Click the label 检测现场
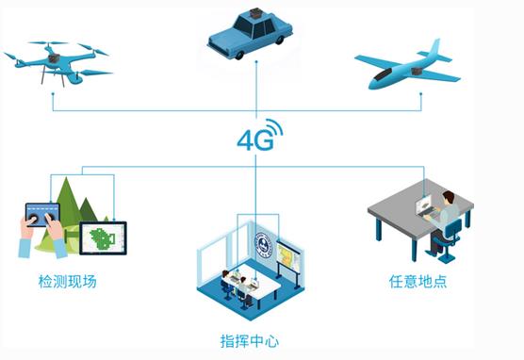[67, 281]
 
